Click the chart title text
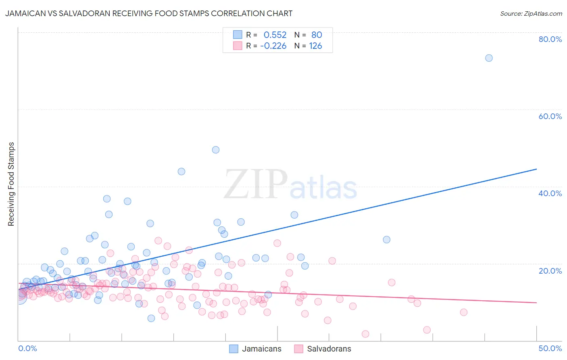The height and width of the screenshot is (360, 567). click(x=149, y=13)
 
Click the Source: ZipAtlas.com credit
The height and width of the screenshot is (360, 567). click(x=531, y=13)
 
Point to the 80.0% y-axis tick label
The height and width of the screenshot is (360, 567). click(x=550, y=39)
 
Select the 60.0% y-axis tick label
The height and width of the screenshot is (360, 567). click(x=550, y=116)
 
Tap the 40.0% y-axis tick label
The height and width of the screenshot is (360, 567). click(x=550, y=193)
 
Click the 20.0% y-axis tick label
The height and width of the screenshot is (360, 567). click(x=550, y=271)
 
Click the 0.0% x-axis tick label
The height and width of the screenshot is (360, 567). click(x=27, y=348)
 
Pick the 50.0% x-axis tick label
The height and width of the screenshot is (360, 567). click(x=550, y=348)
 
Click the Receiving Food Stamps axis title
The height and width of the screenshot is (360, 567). click(x=11, y=184)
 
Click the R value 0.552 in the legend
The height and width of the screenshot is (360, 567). click(x=275, y=35)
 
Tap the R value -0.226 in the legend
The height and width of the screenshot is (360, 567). click(x=273, y=46)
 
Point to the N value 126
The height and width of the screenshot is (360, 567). click(x=315, y=46)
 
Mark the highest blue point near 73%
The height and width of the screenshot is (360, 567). click(x=489, y=58)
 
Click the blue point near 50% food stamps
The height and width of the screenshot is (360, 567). click(x=216, y=150)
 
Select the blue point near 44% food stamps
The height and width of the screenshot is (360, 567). click(x=181, y=172)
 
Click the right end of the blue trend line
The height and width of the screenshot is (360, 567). click(x=536, y=169)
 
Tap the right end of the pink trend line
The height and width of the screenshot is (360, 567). click(x=536, y=302)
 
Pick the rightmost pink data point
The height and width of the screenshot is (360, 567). click(x=463, y=312)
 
